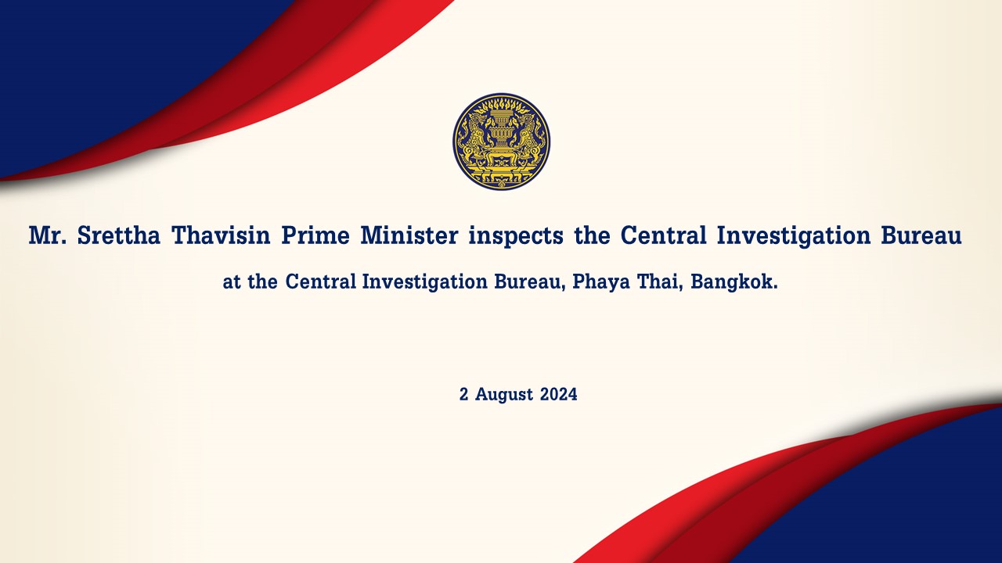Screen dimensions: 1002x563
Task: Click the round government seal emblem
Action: [502, 142]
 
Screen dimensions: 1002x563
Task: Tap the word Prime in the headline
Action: [315, 235]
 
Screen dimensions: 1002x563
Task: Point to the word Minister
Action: [409, 235]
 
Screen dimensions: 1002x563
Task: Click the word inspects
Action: [516, 236]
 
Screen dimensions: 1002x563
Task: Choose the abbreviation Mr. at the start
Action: [48, 235]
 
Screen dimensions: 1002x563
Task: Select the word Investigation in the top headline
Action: [794, 236]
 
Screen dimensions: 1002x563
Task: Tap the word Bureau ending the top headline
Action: [921, 235]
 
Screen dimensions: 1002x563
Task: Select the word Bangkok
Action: [734, 281]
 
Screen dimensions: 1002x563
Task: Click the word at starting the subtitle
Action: [232, 282]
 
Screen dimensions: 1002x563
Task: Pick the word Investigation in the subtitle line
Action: [424, 282]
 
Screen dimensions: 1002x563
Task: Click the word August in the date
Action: [504, 395]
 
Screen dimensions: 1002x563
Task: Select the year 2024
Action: [559, 394]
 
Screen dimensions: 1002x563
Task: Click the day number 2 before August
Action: [464, 394]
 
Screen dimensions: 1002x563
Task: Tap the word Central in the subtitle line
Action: [321, 281]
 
